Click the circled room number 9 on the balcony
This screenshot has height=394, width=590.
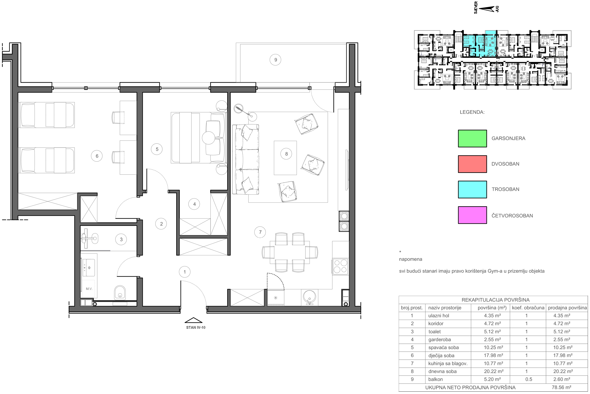click(275, 60)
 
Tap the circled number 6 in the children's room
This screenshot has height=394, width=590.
click(97, 156)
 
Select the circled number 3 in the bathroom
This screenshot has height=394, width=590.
click(121, 239)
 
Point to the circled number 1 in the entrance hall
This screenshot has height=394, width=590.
click(185, 272)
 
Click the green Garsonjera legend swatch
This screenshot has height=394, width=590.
click(472, 138)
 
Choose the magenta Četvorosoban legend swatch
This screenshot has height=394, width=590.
click(472, 215)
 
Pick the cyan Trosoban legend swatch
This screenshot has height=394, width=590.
click(472, 189)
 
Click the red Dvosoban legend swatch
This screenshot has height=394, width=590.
click(472, 164)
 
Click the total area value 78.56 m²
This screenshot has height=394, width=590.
click(561, 387)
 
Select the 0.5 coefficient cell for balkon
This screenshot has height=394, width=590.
click(528, 379)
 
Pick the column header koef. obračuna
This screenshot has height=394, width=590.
click(528, 308)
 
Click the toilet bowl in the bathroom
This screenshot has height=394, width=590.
click(120, 293)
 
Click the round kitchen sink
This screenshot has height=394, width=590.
click(309, 297)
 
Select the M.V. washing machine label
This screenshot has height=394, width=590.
click(89, 289)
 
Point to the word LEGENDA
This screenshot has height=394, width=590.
click(472, 112)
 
